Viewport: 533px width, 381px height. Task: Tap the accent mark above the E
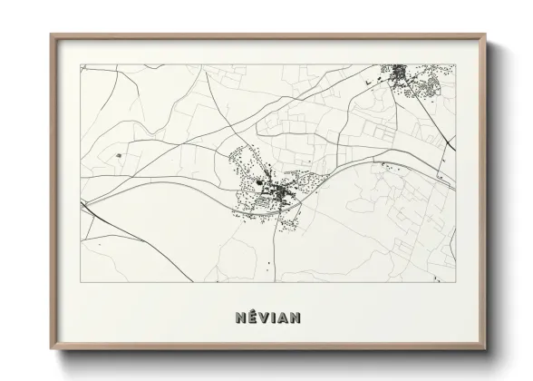[252, 311]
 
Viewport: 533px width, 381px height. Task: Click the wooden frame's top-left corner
[51, 35]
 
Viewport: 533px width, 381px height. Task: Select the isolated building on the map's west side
[119, 156]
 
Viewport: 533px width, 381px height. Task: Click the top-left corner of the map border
[81, 64]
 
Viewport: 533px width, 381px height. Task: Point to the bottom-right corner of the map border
[455, 281]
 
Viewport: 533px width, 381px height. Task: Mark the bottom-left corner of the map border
[81, 281]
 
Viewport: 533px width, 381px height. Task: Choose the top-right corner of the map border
[455, 64]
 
